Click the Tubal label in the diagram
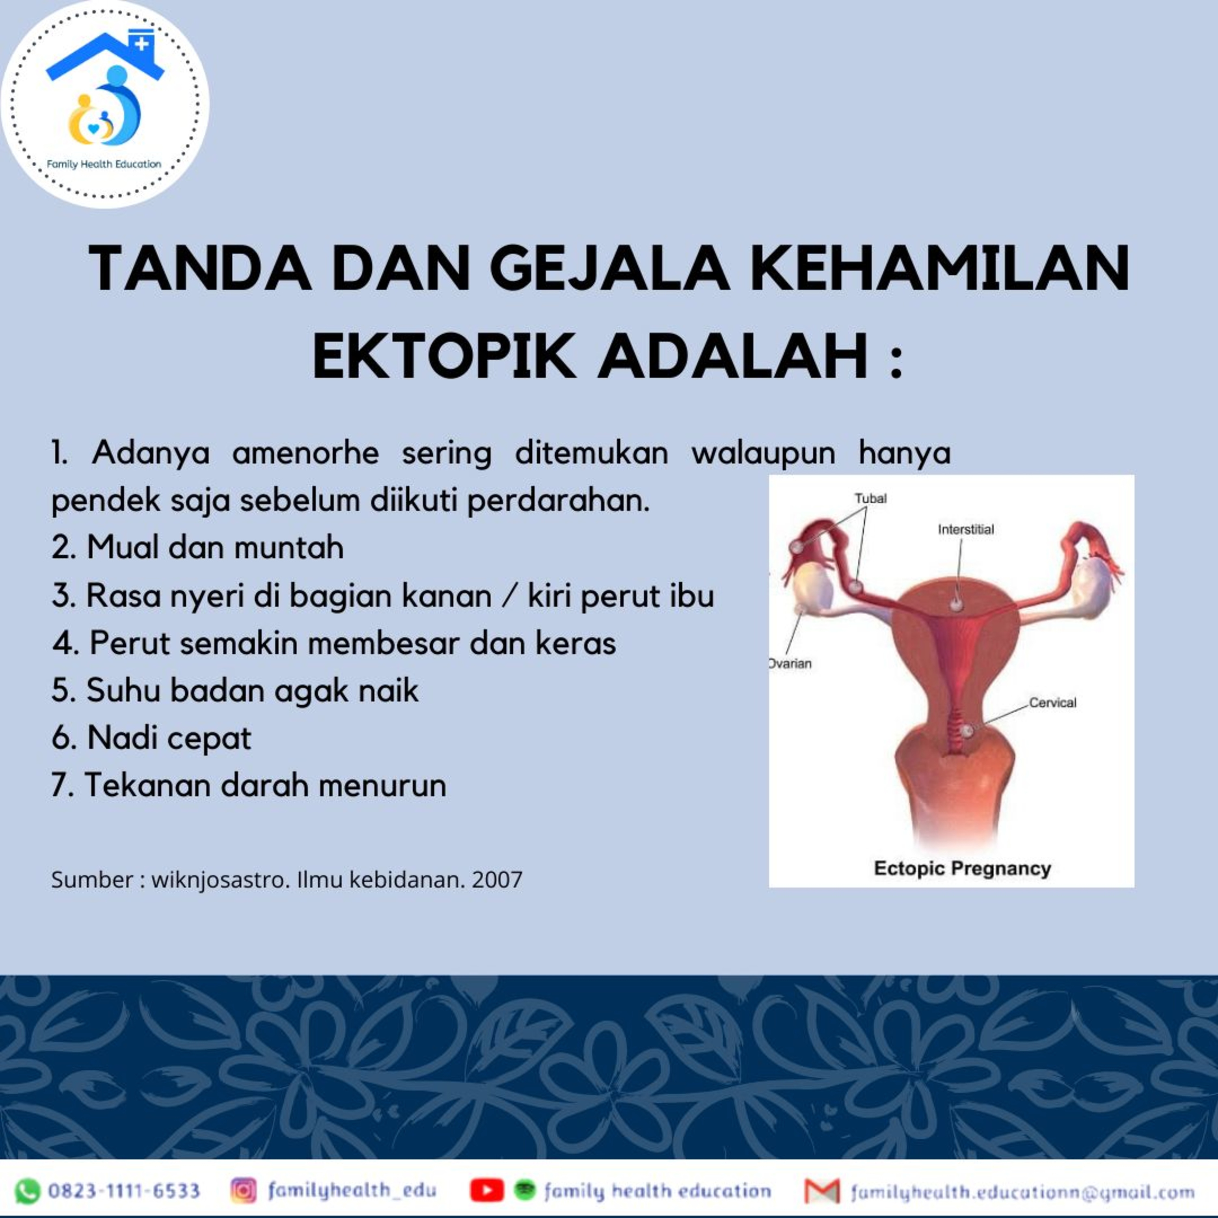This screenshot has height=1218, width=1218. (x=870, y=498)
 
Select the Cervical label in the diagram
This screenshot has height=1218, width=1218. (x=1053, y=702)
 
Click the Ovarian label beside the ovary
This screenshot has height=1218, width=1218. (x=790, y=663)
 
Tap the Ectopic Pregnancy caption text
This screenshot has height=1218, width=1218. (x=963, y=869)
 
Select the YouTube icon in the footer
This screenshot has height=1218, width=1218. (x=487, y=1191)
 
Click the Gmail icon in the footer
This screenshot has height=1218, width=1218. (x=823, y=1191)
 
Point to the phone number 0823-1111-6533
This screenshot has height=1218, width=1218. (x=124, y=1191)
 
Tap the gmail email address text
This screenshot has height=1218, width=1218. (x=1023, y=1192)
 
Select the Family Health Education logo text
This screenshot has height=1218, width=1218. (x=104, y=164)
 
